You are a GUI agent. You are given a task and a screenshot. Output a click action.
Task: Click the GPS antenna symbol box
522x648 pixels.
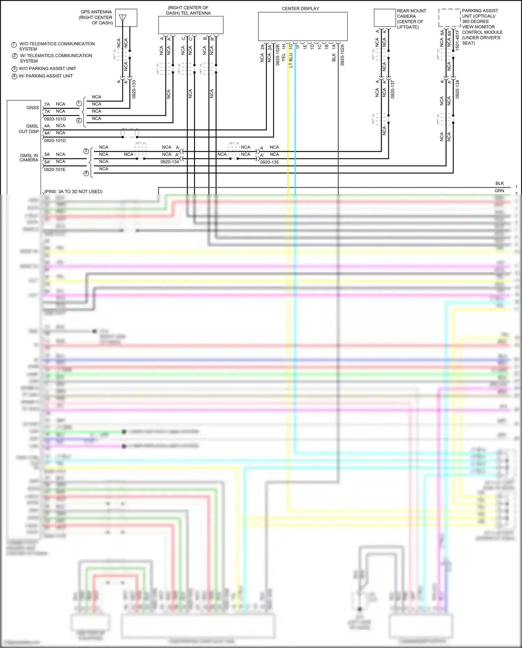pos(126,18)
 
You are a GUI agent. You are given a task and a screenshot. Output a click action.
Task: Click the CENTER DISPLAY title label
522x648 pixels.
pos(300,9)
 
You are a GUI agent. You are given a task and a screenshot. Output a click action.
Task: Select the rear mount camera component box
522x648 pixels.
pos(385,18)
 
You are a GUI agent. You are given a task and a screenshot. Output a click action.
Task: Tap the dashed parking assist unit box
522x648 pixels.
pos(449,18)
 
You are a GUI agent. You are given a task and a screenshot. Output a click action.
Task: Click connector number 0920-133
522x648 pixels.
pos(134,89)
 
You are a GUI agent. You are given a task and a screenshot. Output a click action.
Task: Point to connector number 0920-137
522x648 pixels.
pos(393,89)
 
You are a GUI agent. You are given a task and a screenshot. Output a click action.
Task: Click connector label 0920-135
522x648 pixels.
pos(269,162)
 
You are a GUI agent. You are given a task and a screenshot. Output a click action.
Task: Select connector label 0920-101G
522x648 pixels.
pos(55,119)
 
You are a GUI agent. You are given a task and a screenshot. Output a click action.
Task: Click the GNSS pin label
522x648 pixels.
pos(33,108)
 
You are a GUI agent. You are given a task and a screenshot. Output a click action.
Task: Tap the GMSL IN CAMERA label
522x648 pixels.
pos(29,158)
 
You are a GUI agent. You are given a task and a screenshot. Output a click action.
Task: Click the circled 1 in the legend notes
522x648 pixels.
pos(14,45)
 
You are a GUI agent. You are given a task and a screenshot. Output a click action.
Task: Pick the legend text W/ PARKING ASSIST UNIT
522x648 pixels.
pos(46,76)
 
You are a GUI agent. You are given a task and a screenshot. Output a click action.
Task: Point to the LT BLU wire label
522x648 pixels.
pos(291,60)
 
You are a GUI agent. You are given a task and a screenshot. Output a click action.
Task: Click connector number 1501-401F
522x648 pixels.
pos(457,40)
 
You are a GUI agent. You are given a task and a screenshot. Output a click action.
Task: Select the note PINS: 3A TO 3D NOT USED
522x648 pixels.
pos(73,192)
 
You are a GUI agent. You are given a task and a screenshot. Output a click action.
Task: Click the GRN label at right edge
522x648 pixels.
pos(499,191)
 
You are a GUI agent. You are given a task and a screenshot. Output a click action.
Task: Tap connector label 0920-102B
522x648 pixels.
pos(278,55)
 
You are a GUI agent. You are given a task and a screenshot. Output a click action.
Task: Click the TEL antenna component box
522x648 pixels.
pos(191,25)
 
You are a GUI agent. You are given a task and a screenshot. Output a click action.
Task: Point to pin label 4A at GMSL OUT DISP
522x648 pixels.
pos(47,126)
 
